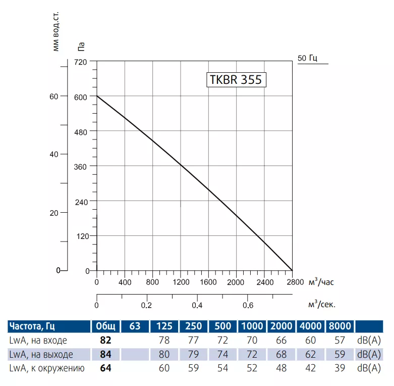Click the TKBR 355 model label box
pyautogui.click(x=236, y=80)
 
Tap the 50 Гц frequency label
pyautogui.click(x=307, y=58)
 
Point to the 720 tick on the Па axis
pyautogui.click(x=82, y=62)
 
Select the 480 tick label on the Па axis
pyautogui.click(x=82, y=131)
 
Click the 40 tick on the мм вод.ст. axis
pyautogui.click(x=54, y=154)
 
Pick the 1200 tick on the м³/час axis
pyautogui.click(x=181, y=282)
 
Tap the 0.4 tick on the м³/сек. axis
pyautogui.click(x=197, y=305)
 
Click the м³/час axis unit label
pyautogui.click(x=321, y=281)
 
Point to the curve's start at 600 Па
pyautogui.click(x=97, y=96)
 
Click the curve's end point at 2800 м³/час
pyautogui.click(x=292, y=270)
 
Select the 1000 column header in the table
pyautogui.click(x=252, y=326)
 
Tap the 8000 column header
pyautogui.click(x=340, y=326)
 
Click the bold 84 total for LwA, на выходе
pyautogui.click(x=105, y=354)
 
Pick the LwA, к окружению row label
pyautogui.click(x=45, y=368)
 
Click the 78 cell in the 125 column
pyautogui.click(x=164, y=340)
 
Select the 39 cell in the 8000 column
pyautogui.click(x=340, y=368)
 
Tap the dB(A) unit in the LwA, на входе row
pyautogui.click(x=369, y=340)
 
